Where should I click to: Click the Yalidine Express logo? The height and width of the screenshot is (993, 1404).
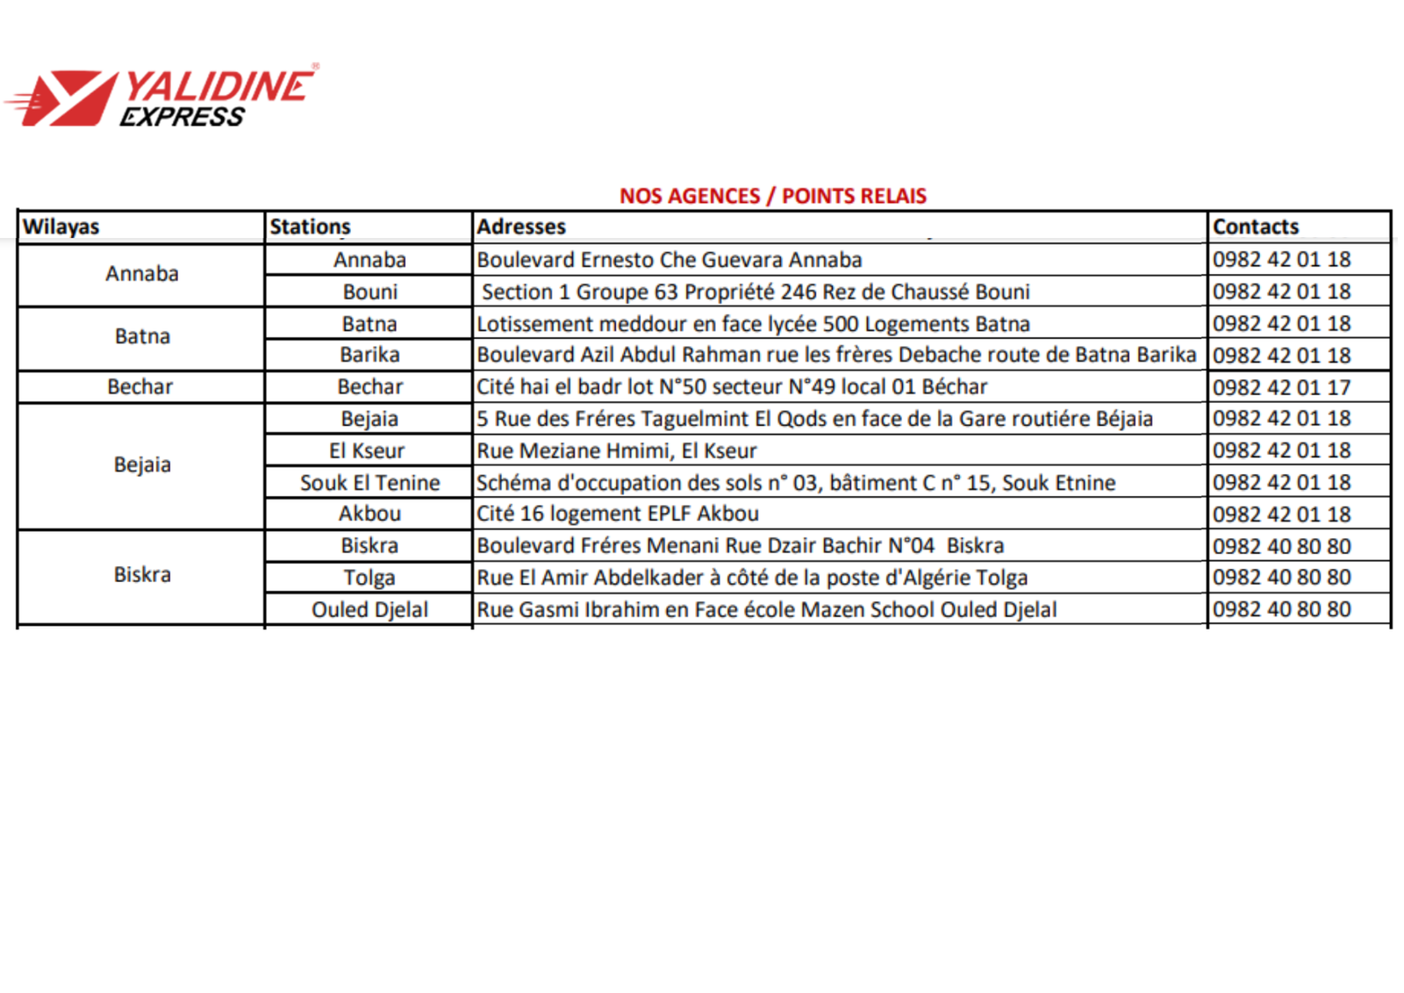point(162,97)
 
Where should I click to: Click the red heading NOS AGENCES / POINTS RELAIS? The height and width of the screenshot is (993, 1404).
point(772,196)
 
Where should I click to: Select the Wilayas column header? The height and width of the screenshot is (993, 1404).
point(61,227)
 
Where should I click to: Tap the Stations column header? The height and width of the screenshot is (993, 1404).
point(310,227)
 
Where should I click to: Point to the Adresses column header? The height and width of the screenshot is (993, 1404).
point(521,227)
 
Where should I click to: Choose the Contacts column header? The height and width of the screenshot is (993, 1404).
point(1255,227)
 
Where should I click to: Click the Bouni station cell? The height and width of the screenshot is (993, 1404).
point(369,291)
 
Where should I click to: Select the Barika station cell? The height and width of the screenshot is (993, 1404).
point(369,355)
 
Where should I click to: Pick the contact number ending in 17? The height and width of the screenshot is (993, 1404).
point(1281,387)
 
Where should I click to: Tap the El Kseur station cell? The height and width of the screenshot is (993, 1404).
point(367,450)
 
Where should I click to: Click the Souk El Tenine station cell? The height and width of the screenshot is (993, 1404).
point(369,483)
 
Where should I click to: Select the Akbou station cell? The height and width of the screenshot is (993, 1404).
point(369,514)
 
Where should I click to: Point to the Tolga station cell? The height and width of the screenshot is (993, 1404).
point(369,578)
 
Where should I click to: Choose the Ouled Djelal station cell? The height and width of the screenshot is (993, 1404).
point(369,609)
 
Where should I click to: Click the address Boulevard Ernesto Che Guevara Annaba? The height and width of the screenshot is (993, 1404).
point(669,260)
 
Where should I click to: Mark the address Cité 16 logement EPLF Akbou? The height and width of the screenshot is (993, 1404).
point(618,514)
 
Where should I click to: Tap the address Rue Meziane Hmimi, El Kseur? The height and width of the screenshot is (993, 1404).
point(616,450)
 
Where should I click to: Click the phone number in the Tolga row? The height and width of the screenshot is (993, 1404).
point(1281,578)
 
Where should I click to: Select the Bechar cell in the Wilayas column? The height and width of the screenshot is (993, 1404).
point(140,387)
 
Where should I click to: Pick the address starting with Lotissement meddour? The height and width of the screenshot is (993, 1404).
point(753,324)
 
